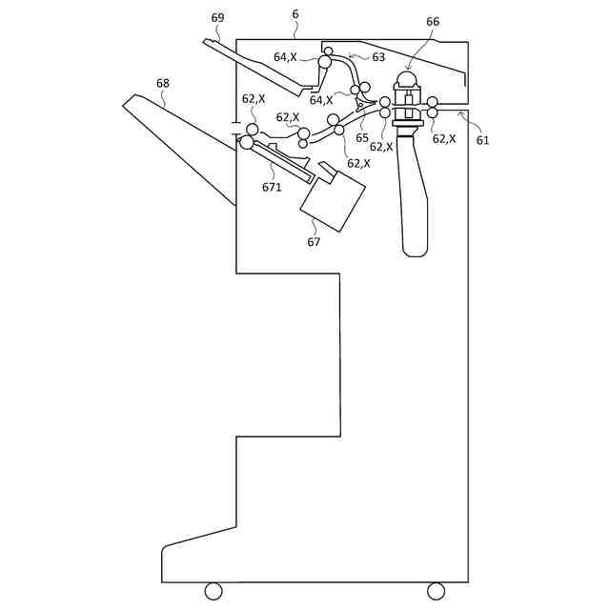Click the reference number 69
point(218,18)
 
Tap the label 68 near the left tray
point(163,83)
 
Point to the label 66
point(433,21)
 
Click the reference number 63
point(378,57)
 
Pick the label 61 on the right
point(482,140)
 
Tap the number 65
point(362,137)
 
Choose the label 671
point(272,187)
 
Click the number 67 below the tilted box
point(314,241)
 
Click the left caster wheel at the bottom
point(213,591)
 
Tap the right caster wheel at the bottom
point(436,591)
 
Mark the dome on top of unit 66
point(407,80)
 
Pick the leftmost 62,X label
point(254,99)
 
